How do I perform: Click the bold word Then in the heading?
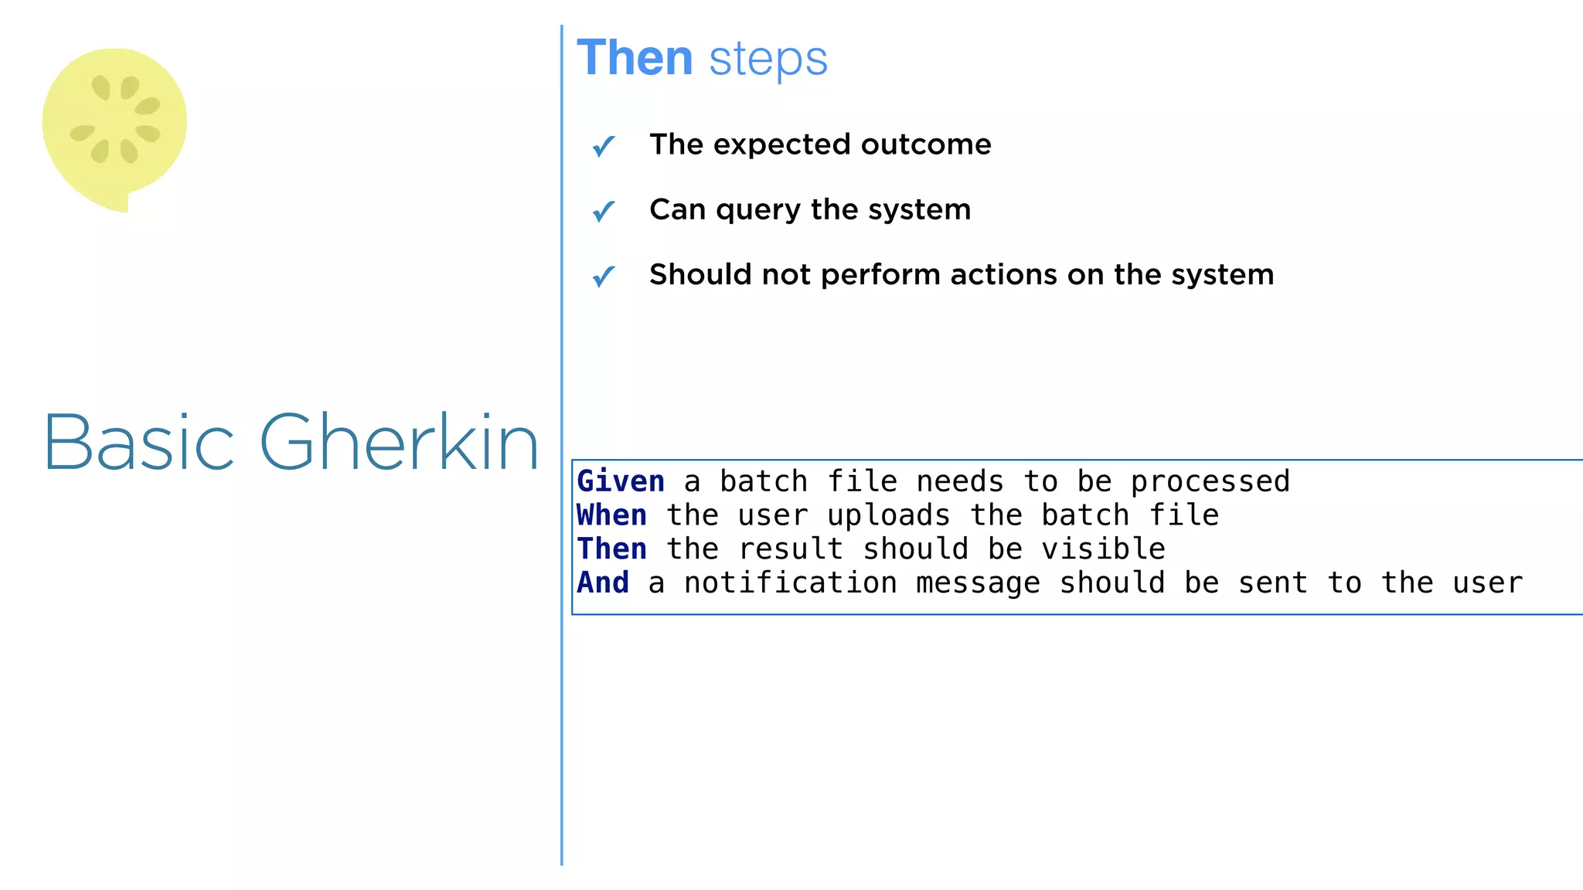pyautogui.click(x=635, y=59)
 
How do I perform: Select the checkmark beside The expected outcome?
pyautogui.click(x=603, y=145)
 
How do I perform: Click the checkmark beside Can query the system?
pyautogui.click(x=603, y=210)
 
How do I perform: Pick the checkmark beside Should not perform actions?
pyautogui.click(x=603, y=276)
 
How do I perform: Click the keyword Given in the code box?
pyautogui.click(x=621, y=481)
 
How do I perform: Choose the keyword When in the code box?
pyautogui.click(x=611, y=515)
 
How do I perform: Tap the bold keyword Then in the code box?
pyautogui.click(x=611, y=549)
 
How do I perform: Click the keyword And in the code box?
pyautogui.click(x=603, y=583)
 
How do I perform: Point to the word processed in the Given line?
pyautogui.click(x=1210, y=482)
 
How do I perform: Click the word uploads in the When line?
pyautogui.click(x=888, y=515)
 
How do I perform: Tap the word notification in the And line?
pyautogui.click(x=791, y=583)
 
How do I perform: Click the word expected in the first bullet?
pyautogui.click(x=781, y=145)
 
